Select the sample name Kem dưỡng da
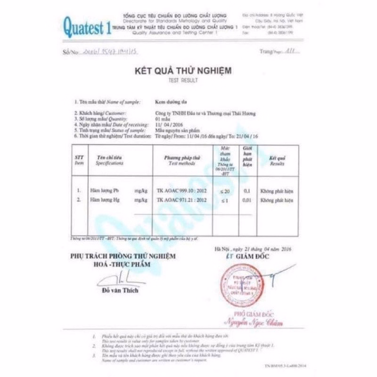(x=168, y=101)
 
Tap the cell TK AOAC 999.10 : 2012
(x=182, y=191)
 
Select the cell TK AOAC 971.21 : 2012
(x=182, y=200)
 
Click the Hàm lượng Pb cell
(x=105, y=191)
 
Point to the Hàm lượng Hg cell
(x=105, y=200)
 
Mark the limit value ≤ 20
(x=225, y=191)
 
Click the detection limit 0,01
(x=246, y=200)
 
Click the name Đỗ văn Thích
(x=120, y=290)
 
